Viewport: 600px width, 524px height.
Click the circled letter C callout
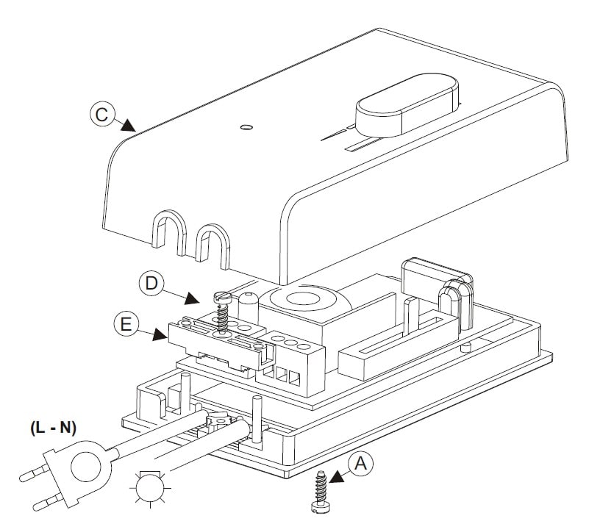[102, 115]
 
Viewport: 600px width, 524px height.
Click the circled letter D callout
[151, 284]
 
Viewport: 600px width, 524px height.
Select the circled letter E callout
[126, 324]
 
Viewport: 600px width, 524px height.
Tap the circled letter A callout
[361, 464]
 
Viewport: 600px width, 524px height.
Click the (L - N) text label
[53, 428]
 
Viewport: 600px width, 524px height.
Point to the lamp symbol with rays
[150, 489]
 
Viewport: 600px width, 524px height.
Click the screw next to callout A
[321, 492]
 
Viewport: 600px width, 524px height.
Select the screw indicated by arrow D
[222, 311]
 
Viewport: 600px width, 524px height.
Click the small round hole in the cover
[247, 127]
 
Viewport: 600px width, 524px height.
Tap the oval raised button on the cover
[407, 105]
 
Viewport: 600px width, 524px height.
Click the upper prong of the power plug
[35, 473]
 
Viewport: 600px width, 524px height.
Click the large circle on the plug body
[86, 467]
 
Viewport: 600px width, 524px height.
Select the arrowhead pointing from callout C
[127, 125]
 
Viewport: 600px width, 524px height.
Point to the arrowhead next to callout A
[337, 476]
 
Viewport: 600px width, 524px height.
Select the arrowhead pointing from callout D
[192, 298]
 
